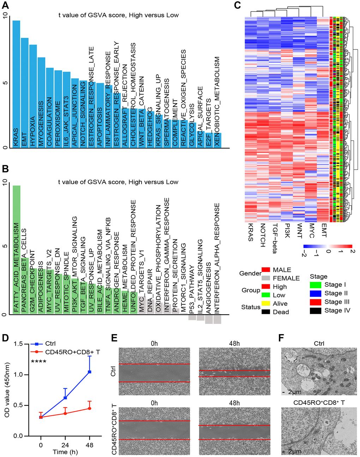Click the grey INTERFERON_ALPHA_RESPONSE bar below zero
click(217, 319)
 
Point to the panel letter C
click(237, 5)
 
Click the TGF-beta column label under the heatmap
click(275, 238)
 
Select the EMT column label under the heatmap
click(324, 230)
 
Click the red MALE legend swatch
click(266, 270)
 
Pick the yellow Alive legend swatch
click(266, 303)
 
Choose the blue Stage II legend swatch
click(315, 293)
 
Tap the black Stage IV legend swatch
click(315, 310)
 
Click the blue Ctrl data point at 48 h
click(90, 372)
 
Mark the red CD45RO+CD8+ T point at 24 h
click(65, 413)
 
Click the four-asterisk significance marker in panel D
click(39, 362)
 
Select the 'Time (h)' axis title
click(65, 452)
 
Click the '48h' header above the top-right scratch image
click(234, 343)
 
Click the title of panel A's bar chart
click(119, 15)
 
